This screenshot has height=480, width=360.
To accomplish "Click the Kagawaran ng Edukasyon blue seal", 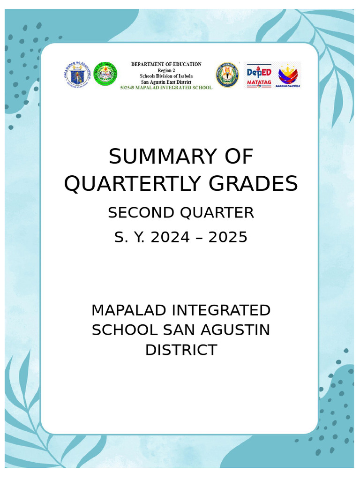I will point(76,75).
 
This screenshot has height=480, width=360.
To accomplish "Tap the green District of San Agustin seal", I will point(105,75).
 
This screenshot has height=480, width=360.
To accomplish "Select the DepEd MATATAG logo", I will point(259,75).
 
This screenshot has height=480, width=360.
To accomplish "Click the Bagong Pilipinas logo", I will point(288,75).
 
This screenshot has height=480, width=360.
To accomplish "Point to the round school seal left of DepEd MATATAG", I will point(227,75).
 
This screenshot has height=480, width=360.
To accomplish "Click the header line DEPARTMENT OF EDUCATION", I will point(166,64).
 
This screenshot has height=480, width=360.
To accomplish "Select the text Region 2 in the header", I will point(166,70).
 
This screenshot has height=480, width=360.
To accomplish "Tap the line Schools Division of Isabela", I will point(166,76).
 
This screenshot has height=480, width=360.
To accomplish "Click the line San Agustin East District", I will point(166,82).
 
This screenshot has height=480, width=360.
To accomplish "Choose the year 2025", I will point(228,237).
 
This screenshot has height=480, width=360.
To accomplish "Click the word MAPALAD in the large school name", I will point(128,310).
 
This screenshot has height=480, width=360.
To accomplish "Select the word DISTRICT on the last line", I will point(181,350).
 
